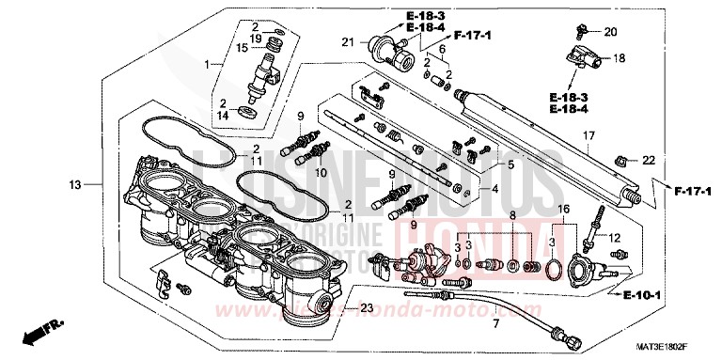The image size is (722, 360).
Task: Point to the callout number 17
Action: [x=588, y=136]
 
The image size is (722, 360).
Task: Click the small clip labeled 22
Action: [x=621, y=160]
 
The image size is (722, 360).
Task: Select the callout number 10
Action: [x=319, y=173]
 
